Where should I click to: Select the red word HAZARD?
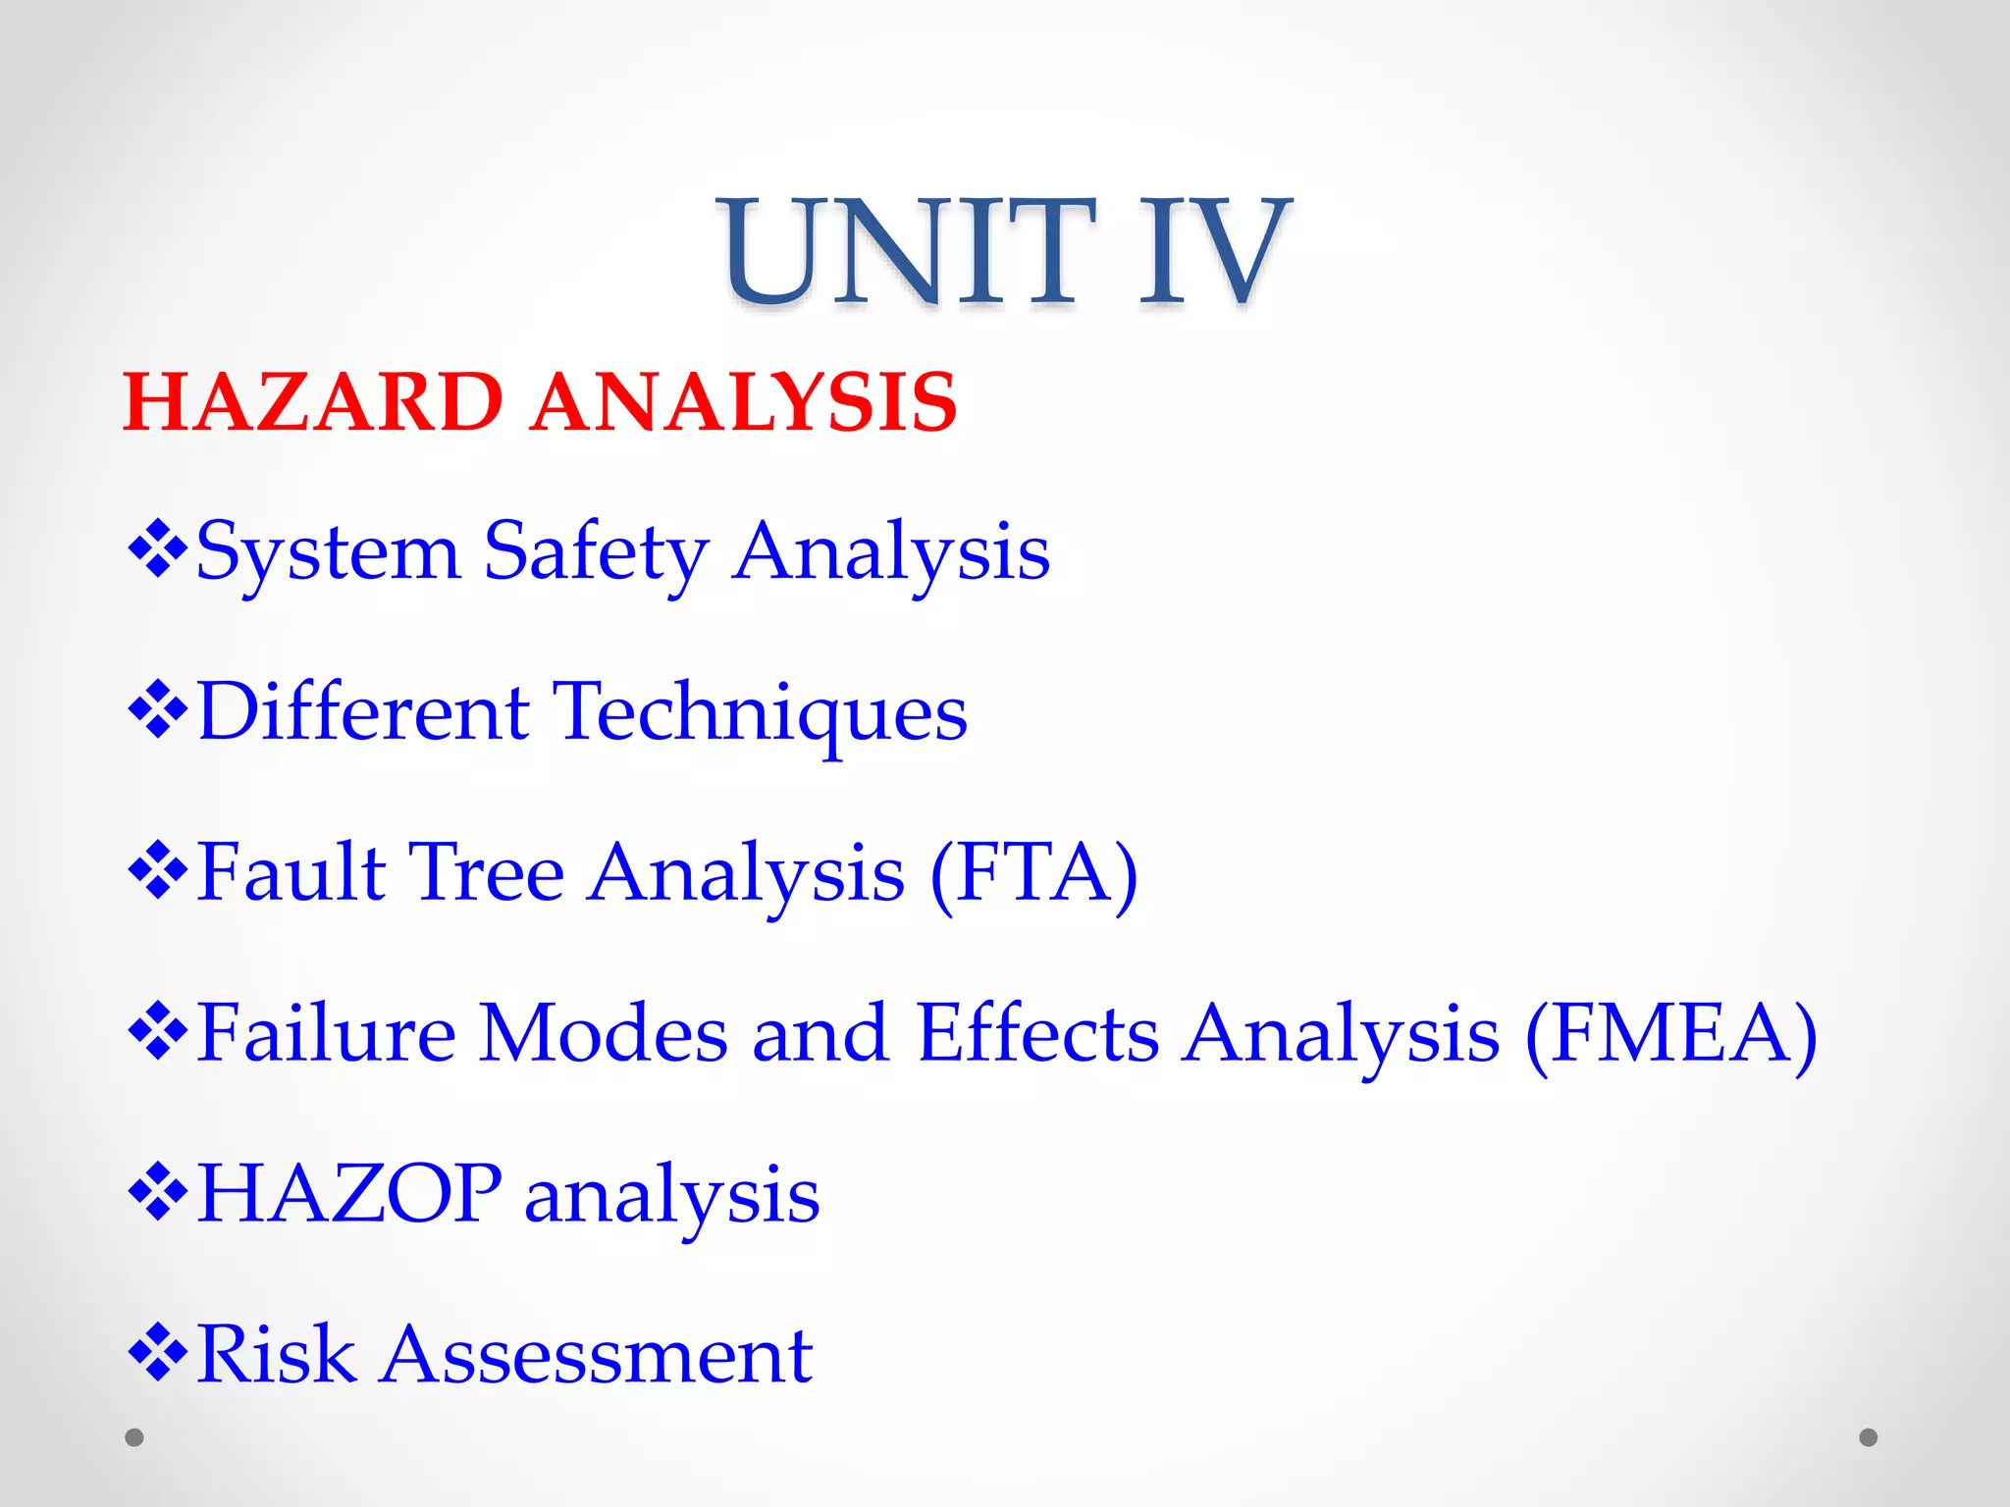[x=313, y=402]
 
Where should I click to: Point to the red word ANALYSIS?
[x=743, y=402]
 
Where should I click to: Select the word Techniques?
[x=761, y=714]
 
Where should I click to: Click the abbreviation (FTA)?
[x=1033, y=873]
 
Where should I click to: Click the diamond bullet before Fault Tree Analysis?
[x=157, y=869]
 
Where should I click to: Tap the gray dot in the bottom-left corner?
[x=134, y=1437]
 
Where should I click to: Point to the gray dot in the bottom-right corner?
[x=1869, y=1437]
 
